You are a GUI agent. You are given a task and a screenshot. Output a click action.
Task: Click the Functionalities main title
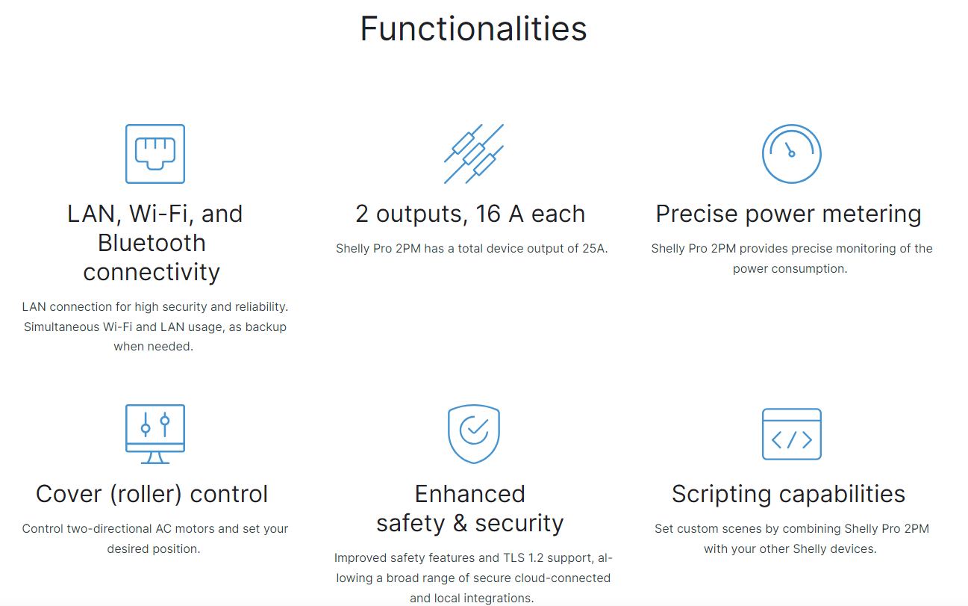coord(473,29)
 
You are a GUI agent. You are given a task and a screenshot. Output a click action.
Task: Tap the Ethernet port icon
coord(155,154)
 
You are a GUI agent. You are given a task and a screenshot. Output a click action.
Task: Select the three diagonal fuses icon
coord(474,154)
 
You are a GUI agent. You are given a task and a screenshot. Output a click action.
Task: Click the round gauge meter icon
coord(792,154)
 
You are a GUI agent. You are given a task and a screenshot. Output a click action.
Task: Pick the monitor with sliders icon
coord(155,434)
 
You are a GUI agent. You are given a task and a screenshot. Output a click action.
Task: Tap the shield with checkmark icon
coord(474,434)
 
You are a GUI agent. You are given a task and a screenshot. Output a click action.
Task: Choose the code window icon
coord(792,434)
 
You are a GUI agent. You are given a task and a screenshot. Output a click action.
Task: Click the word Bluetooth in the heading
coord(152,243)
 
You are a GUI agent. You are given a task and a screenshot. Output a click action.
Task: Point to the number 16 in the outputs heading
coord(488,214)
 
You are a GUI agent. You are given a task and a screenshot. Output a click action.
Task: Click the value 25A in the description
coord(595,249)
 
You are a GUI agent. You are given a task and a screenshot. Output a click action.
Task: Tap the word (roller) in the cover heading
coord(146,494)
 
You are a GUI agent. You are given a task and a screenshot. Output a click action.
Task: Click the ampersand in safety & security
coord(460,523)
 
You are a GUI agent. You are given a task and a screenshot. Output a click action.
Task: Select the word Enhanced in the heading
coord(469,494)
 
